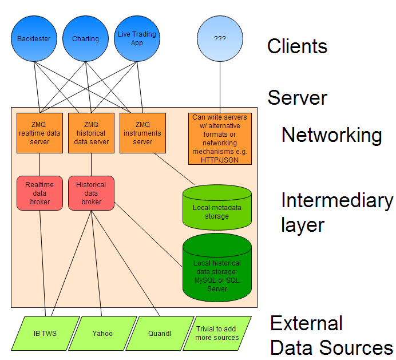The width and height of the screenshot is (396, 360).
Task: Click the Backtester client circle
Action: point(34,38)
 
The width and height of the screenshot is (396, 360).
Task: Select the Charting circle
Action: point(85,38)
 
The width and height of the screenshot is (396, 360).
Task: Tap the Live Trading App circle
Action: point(137,38)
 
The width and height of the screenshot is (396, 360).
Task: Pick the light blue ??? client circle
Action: point(220,38)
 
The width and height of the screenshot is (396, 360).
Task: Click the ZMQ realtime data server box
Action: point(39,133)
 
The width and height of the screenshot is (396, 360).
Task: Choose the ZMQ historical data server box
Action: point(91,133)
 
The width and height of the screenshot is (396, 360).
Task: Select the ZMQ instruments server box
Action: point(142,133)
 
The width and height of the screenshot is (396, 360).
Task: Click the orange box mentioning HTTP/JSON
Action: point(220,139)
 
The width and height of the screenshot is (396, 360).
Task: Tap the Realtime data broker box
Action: point(40,193)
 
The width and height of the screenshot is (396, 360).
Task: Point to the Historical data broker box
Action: point(91,193)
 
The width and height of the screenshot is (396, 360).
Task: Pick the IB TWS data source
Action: point(45,333)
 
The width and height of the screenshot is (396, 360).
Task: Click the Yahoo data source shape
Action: point(102,333)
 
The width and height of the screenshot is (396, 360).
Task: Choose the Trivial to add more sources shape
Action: point(217,333)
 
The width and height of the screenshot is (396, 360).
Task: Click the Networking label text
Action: point(331,135)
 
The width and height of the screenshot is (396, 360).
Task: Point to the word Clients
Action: point(297,46)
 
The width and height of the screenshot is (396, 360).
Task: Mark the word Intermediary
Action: point(337,200)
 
